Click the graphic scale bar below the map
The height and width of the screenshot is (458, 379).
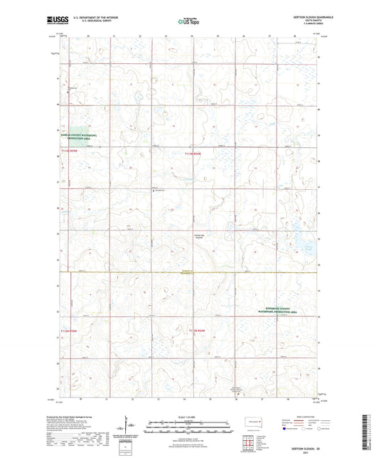tap(188, 427)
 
